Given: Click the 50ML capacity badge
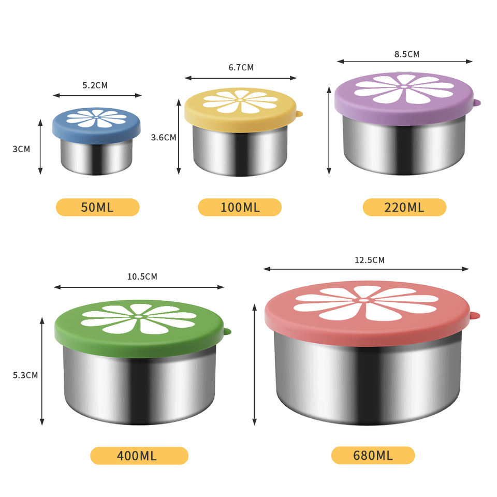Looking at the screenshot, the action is tap(98, 207).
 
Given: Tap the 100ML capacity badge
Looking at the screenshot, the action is tap(240, 207).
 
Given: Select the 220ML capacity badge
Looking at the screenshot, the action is tap(404, 207).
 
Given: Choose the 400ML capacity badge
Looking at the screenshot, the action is tap(139, 456).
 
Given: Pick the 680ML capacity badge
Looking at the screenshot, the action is tap(373, 456).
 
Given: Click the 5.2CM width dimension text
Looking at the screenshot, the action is tap(95, 85).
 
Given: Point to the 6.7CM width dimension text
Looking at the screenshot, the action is tap(241, 67).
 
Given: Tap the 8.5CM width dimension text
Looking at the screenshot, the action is tap(407, 54).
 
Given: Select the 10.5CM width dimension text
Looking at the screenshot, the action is tap(142, 276).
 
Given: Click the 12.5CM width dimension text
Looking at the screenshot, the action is tap(370, 260).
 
